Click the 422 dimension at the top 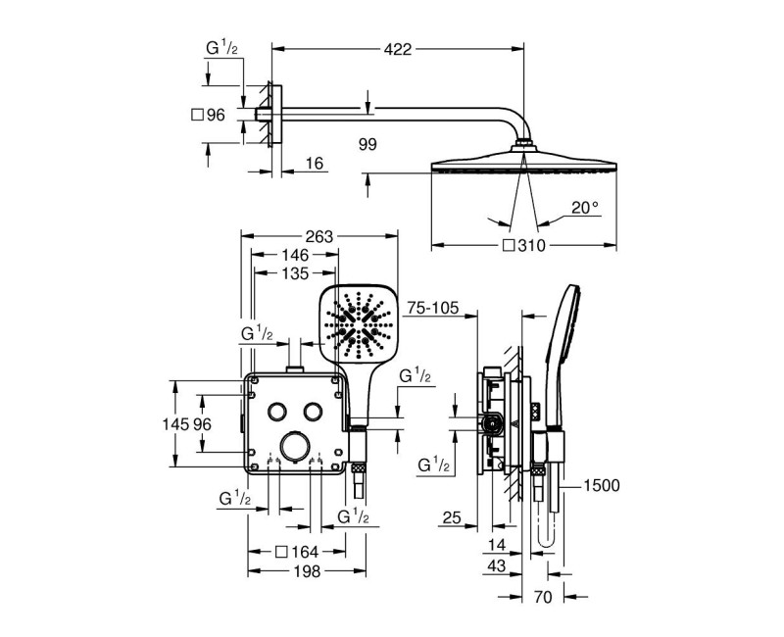pos(398,49)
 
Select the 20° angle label pos(585,208)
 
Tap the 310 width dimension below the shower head pos(531,246)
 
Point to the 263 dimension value pos(319,236)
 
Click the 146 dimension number pos(295,255)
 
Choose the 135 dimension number pos(295,273)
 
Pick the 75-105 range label pos(432,308)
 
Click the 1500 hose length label pos(602,485)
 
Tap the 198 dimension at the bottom pos(307,571)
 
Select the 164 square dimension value pos(305,552)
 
